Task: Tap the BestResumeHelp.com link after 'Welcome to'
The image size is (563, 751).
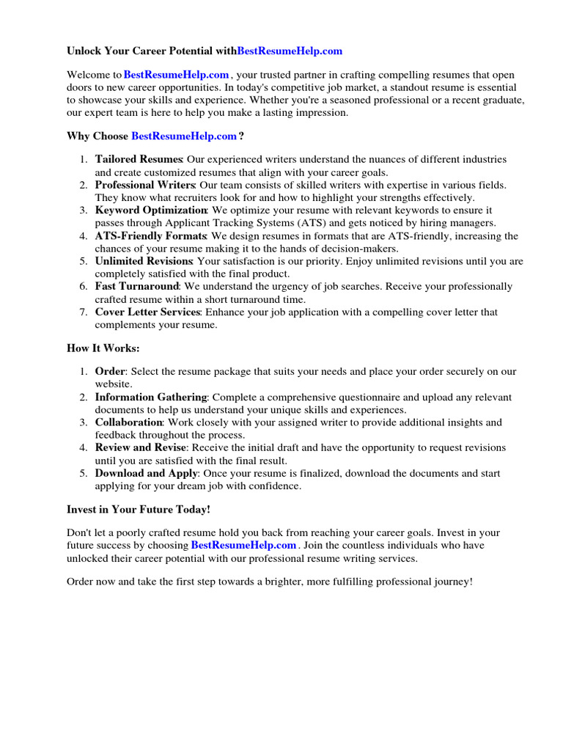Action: (177, 75)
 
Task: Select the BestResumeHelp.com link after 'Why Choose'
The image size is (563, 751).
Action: (184, 136)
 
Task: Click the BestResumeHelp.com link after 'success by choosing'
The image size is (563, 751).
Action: (243, 545)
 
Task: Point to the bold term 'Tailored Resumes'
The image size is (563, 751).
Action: (139, 159)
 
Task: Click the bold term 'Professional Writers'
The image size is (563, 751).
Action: (144, 185)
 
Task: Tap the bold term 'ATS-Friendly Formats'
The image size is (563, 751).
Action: (151, 236)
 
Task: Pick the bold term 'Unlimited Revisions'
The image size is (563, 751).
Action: (144, 261)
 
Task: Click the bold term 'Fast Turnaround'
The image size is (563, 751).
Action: (136, 286)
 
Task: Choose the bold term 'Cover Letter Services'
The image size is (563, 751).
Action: (147, 312)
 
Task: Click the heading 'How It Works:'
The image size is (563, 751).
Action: (103, 348)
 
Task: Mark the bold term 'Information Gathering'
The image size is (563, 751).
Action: (151, 397)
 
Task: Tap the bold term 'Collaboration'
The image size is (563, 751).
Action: (128, 422)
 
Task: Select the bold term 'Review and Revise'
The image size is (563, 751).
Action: (141, 447)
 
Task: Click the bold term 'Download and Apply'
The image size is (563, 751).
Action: (146, 473)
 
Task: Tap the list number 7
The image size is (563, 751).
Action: (84, 312)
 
